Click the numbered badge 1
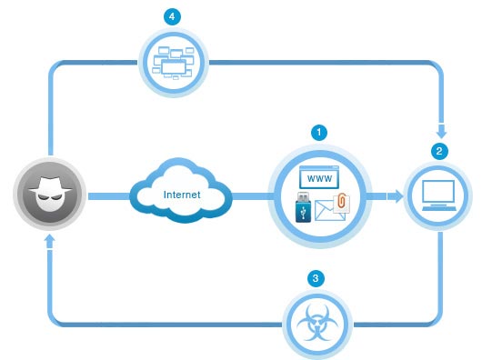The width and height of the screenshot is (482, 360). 317,131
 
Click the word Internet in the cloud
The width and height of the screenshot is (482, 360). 181,194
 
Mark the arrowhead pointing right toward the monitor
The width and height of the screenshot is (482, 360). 397,195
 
